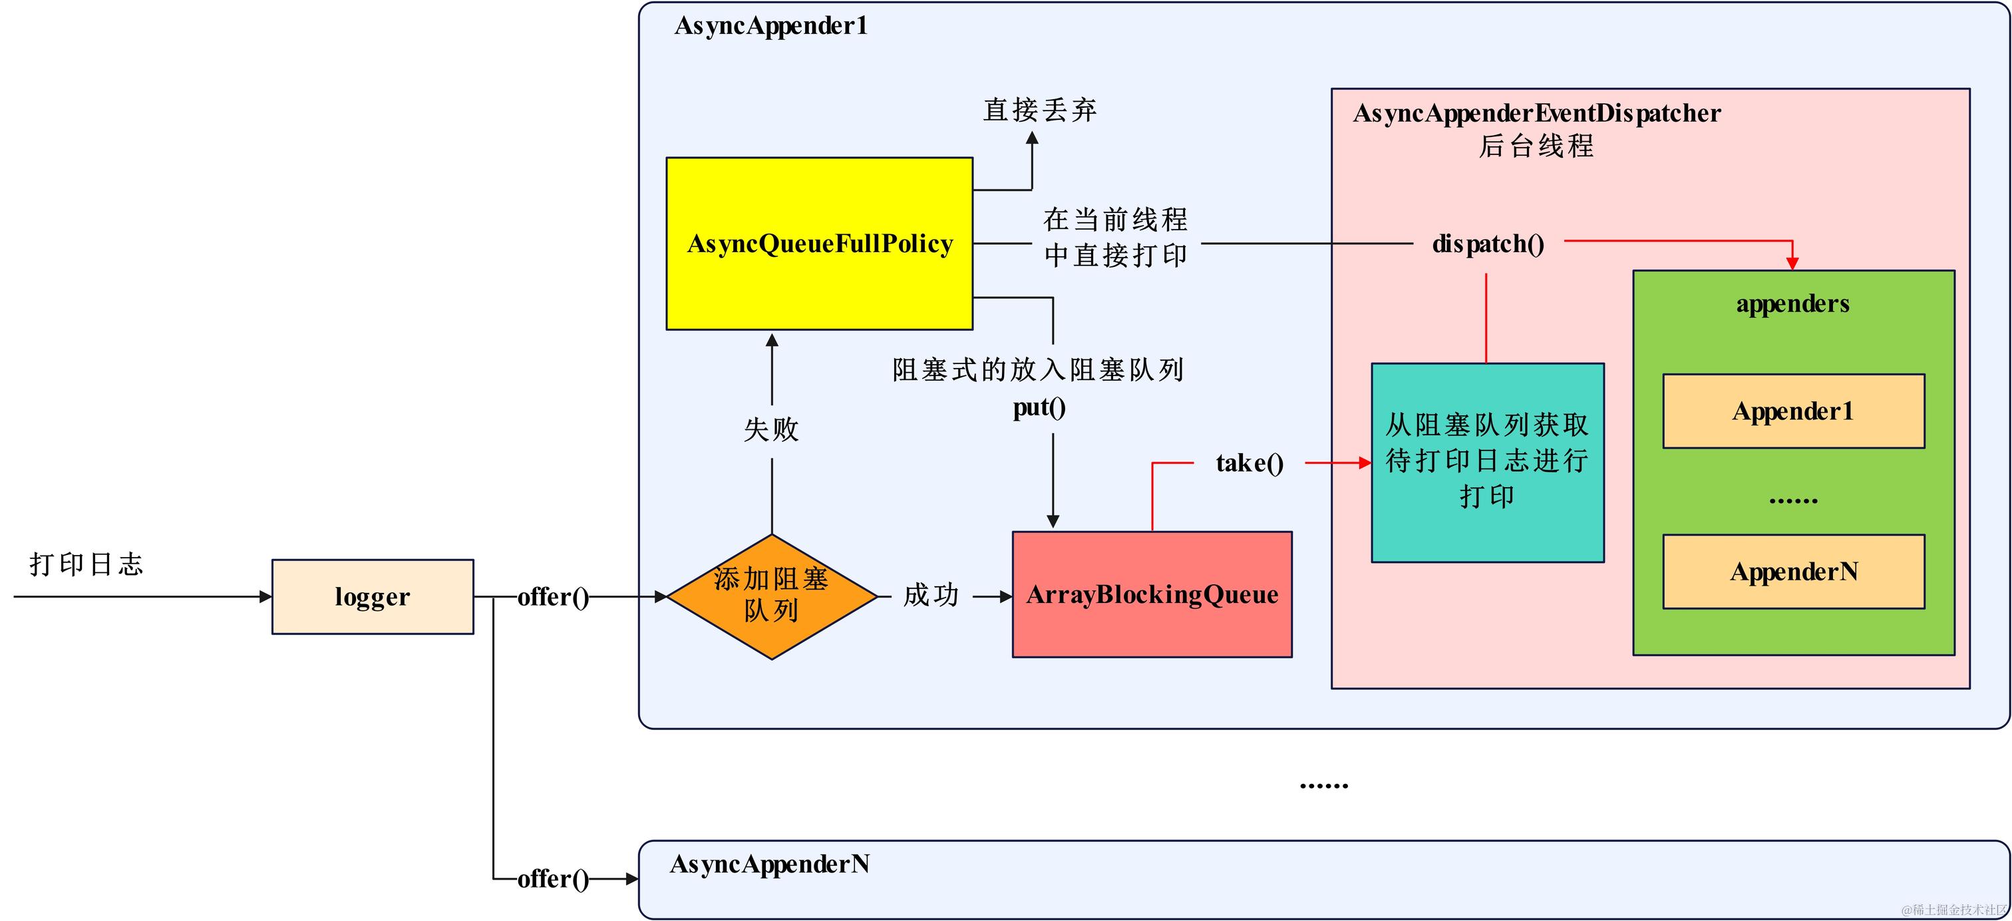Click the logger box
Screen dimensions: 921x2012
[x=373, y=597]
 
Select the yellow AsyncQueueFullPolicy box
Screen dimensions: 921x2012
[x=819, y=244]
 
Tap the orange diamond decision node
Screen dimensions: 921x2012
[x=772, y=596]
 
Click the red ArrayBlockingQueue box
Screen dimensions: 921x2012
[x=1152, y=594]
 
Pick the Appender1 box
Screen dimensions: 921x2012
[x=1793, y=411]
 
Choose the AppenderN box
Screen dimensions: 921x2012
[x=1793, y=572]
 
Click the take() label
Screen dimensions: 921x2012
[x=1250, y=463]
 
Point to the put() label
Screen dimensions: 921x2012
[x=1039, y=407]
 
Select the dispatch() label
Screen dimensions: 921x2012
[x=1488, y=244]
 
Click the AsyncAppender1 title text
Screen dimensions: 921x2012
[x=771, y=26]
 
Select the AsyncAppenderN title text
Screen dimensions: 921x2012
[x=769, y=864]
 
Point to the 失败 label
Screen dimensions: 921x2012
[x=772, y=429]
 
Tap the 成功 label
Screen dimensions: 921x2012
[x=931, y=595]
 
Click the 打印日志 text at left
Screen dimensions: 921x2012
[x=86, y=564]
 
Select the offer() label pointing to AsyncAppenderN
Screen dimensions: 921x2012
[x=553, y=879]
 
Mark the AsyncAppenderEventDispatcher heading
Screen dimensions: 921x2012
[x=1536, y=113]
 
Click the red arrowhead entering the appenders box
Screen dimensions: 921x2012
[x=1792, y=264]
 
